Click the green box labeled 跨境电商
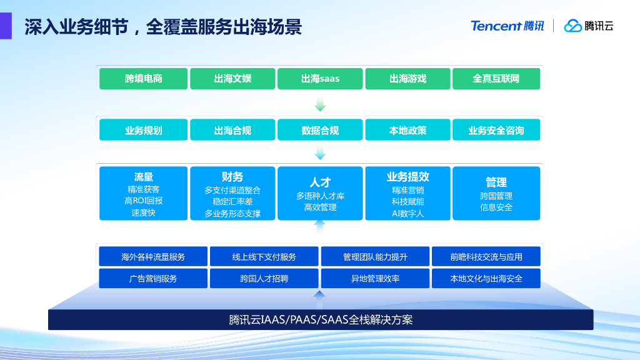tap(143, 78)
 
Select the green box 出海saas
tap(320, 78)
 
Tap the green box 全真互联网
tap(496, 78)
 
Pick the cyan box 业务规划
tap(143, 130)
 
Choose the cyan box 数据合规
tap(320, 130)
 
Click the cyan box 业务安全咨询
tap(496, 130)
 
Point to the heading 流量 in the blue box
tap(143, 177)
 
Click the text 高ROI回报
tap(143, 201)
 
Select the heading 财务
tap(232, 177)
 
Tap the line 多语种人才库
tap(320, 196)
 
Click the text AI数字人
tap(407, 214)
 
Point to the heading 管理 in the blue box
tap(496, 182)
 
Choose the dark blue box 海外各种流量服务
tap(153, 257)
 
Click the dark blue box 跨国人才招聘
tap(264, 278)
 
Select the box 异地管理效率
tap(375, 278)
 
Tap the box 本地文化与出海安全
tap(486, 278)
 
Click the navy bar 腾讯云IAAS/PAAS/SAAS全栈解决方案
tap(321, 319)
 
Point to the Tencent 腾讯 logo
tap(507, 26)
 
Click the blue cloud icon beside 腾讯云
tap(572, 26)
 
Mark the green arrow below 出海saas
tap(320, 102)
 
